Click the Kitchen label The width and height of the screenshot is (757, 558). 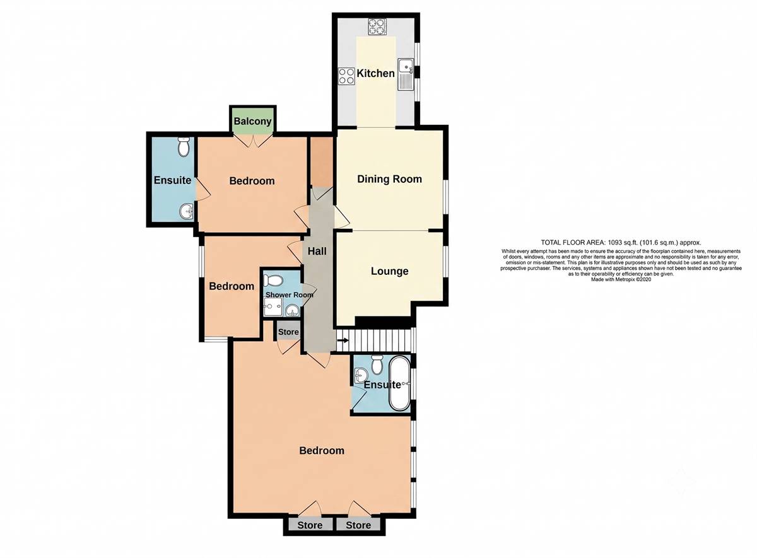click(x=375, y=73)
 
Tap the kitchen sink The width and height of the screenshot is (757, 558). click(x=406, y=74)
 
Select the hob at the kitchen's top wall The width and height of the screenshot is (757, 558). click(x=377, y=26)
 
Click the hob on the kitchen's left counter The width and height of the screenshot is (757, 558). click(x=346, y=76)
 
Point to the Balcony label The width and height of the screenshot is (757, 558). click(x=252, y=121)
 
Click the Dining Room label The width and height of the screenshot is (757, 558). click(x=389, y=179)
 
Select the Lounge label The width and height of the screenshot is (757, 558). click(x=389, y=271)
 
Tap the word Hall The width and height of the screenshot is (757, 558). click(x=317, y=252)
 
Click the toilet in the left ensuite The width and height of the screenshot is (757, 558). click(x=184, y=147)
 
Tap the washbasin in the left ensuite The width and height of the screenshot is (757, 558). click(x=186, y=212)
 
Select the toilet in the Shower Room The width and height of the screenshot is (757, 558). click(x=273, y=281)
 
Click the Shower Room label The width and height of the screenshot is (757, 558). click(x=290, y=295)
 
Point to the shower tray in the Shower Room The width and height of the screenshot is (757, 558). click(x=273, y=308)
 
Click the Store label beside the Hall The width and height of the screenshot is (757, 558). click(x=288, y=332)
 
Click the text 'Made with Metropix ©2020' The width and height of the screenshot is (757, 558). click(x=621, y=280)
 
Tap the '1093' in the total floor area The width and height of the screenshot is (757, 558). click(x=616, y=242)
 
